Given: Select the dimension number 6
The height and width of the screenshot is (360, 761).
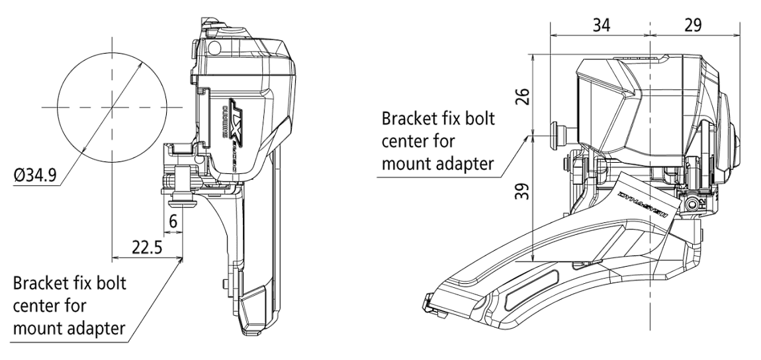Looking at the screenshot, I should point(173,222).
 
